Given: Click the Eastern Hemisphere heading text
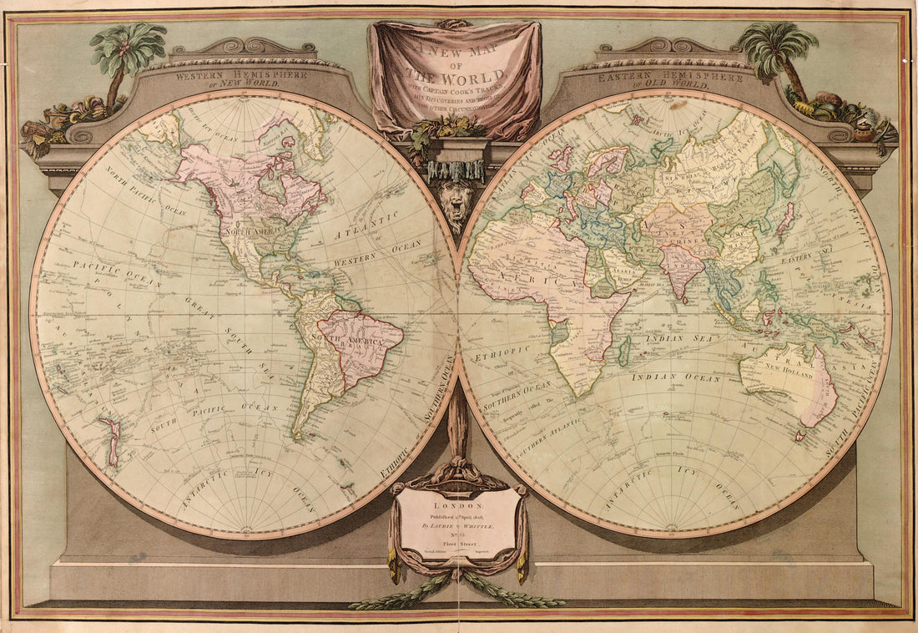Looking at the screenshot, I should (669, 77).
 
